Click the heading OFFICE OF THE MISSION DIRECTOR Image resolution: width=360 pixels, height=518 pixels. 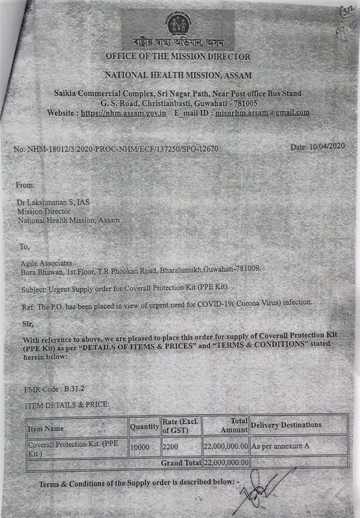point(178,56)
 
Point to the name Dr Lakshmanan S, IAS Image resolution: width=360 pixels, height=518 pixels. point(48,202)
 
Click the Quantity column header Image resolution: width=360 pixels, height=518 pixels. point(144,427)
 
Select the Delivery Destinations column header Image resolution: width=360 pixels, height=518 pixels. point(286,424)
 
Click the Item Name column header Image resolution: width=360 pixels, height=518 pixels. point(46,428)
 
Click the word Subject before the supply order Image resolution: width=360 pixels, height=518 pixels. point(34,288)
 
